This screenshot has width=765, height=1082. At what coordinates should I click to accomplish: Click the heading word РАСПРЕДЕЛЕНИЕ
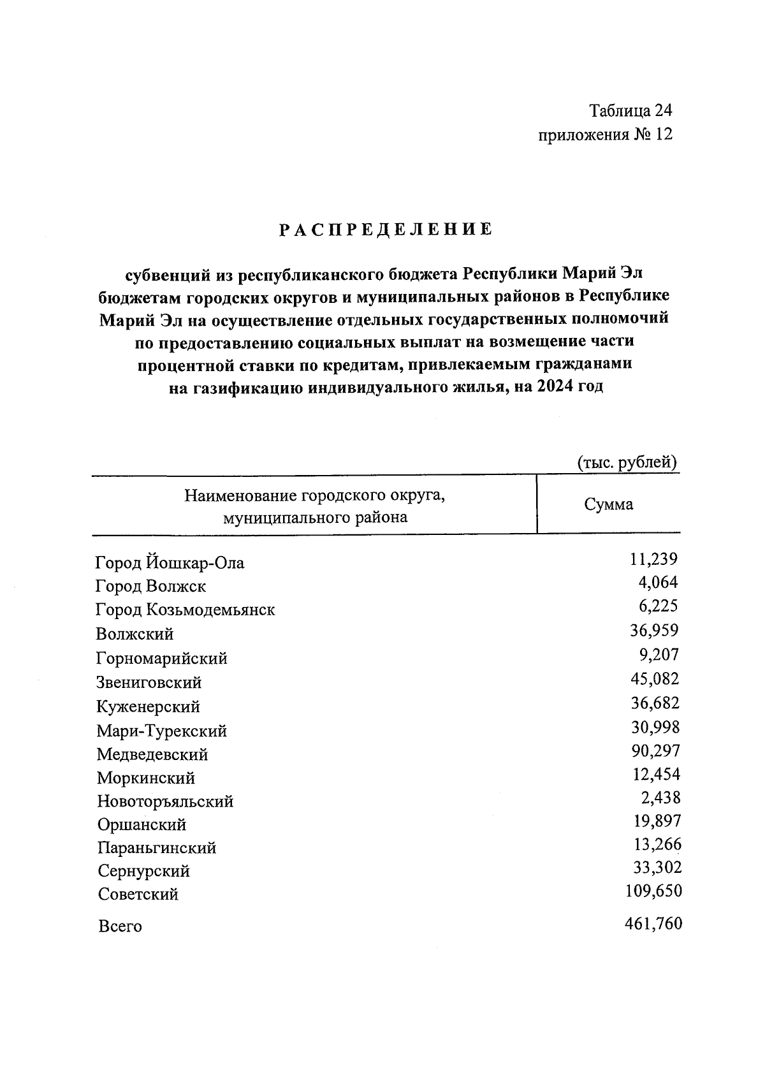[x=386, y=230]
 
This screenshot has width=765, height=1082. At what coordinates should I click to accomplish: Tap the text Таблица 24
[x=630, y=111]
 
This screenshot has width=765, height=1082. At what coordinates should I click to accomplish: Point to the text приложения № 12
[x=605, y=135]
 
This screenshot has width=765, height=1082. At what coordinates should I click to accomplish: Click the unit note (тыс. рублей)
[x=627, y=462]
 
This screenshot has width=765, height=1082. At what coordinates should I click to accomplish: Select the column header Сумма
[x=609, y=505]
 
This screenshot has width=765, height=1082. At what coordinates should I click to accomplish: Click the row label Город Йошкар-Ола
[x=170, y=563]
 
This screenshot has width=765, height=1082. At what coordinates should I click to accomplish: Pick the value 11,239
[x=653, y=559]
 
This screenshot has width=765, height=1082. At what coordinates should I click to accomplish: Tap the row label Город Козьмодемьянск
[x=185, y=610]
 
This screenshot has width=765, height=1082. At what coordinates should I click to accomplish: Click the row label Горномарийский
[x=161, y=658]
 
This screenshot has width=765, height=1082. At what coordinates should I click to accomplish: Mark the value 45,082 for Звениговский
[x=655, y=678]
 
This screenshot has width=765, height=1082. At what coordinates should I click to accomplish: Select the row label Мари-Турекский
[x=161, y=731]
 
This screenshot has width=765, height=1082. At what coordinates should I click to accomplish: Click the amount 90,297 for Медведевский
[x=655, y=750]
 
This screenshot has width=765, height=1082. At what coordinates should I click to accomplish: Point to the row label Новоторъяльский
[x=165, y=801]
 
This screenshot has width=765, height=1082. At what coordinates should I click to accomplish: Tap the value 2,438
[x=660, y=798]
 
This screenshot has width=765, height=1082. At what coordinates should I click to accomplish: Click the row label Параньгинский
[x=157, y=848]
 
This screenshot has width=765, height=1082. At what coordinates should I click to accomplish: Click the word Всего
[x=120, y=926]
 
